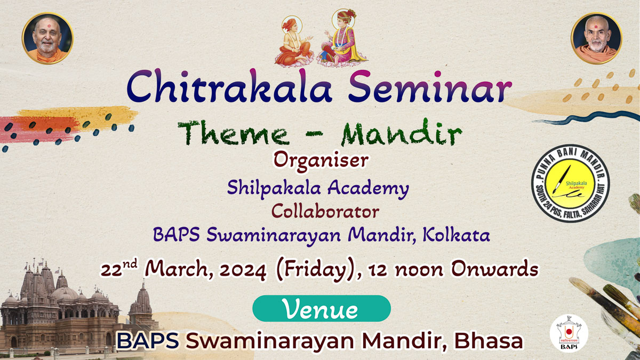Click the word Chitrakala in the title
(229, 86)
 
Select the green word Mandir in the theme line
(402, 133)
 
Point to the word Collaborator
(325, 212)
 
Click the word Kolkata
(457, 235)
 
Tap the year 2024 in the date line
(243, 270)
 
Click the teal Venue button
(322, 309)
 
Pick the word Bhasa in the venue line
(489, 341)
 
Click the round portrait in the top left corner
(47, 38)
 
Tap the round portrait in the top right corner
(596, 38)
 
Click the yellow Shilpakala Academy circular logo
(571, 183)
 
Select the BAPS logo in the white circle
(569, 333)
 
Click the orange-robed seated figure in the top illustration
(294, 42)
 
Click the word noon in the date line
(419, 270)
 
